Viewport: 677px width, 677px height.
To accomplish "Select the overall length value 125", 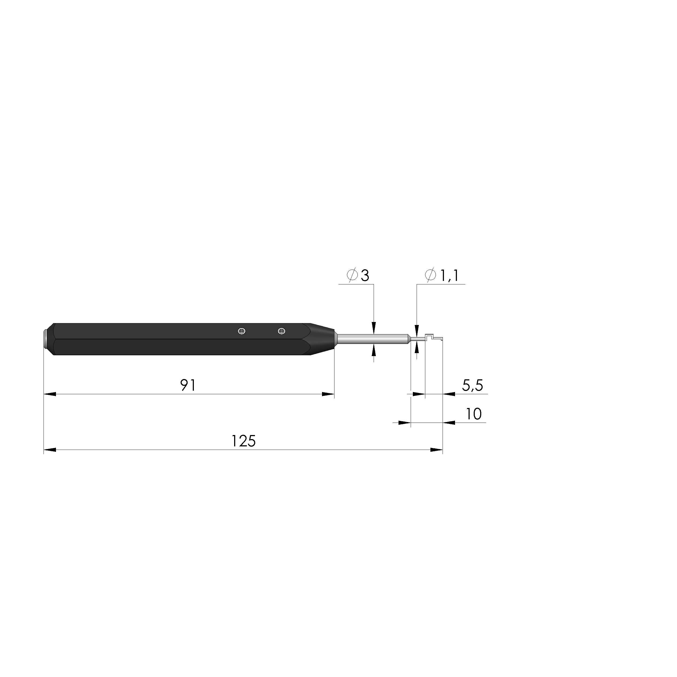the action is click(244, 441).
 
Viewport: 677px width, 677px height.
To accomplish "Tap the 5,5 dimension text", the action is click(473, 386).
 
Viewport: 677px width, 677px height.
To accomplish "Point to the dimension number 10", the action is click(474, 414).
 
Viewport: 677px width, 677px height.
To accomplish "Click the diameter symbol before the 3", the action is click(352, 276).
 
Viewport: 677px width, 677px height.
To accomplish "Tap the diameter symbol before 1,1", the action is click(430, 276).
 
